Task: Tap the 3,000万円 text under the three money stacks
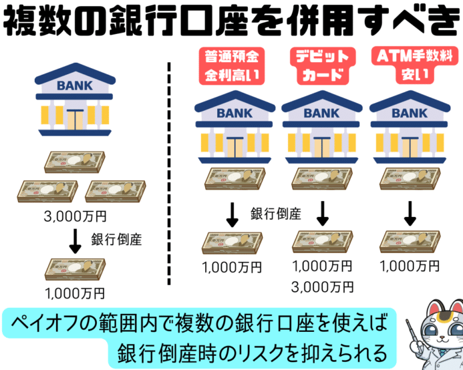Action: [x=74, y=216]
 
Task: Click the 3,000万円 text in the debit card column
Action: [x=323, y=287]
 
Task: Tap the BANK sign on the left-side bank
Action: [x=74, y=85]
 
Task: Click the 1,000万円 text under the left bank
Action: [x=74, y=292]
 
